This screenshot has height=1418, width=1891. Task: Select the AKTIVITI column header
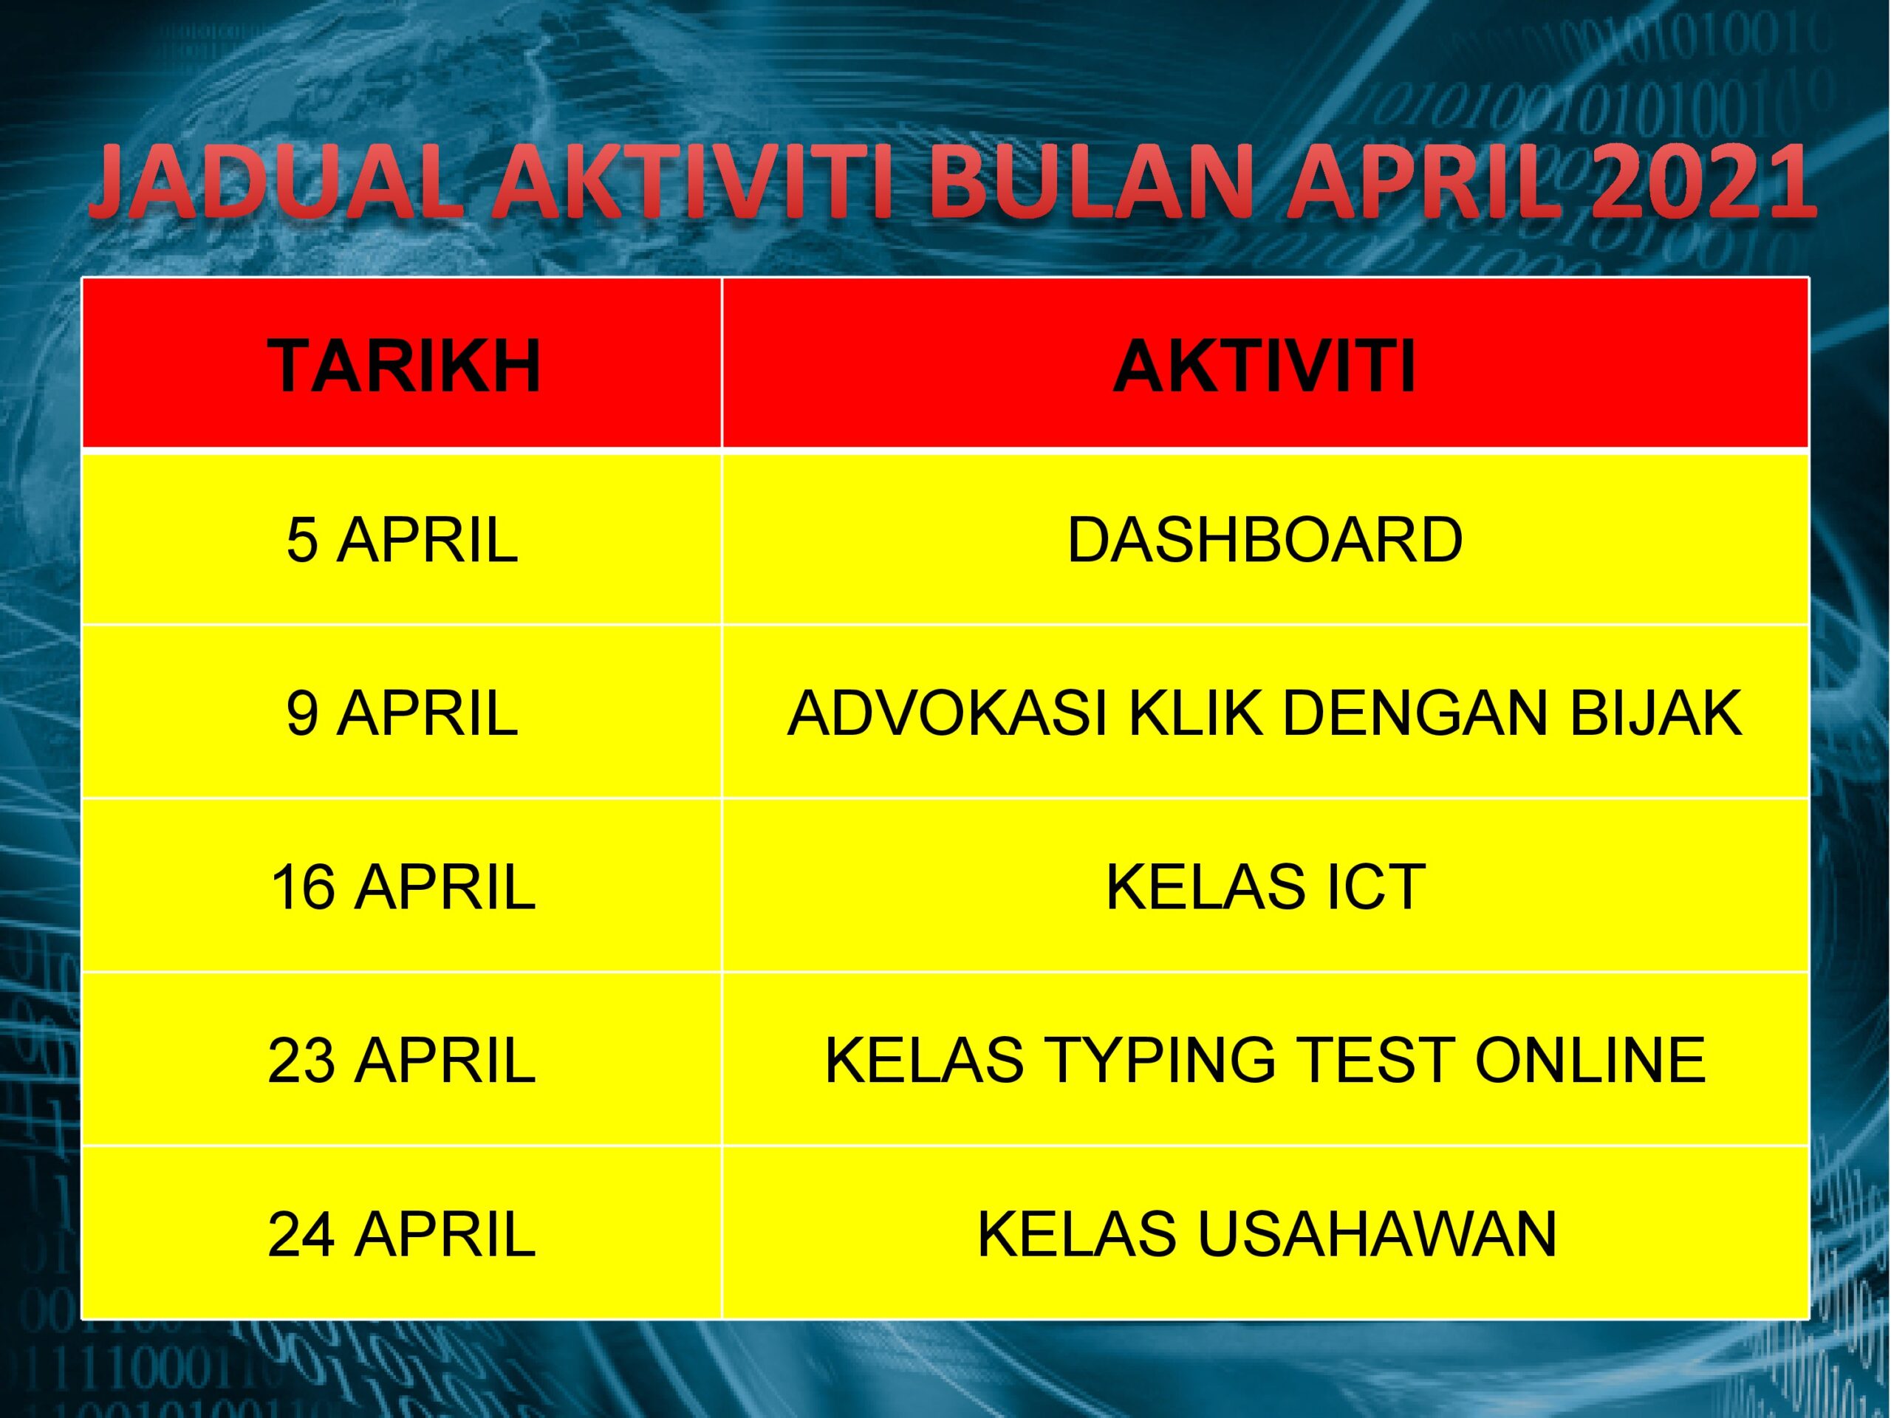(1265, 366)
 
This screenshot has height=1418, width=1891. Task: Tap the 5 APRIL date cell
(402, 540)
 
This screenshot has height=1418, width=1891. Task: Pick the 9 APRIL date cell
(402, 713)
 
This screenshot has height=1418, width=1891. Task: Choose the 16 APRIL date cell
(402, 886)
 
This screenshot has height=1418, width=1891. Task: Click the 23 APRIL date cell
(402, 1060)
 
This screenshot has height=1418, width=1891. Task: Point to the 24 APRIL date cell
(402, 1234)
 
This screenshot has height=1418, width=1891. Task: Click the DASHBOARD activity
(1265, 540)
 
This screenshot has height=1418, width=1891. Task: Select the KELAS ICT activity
(1265, 886)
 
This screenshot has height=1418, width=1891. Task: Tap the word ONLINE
(1590, 1060)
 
